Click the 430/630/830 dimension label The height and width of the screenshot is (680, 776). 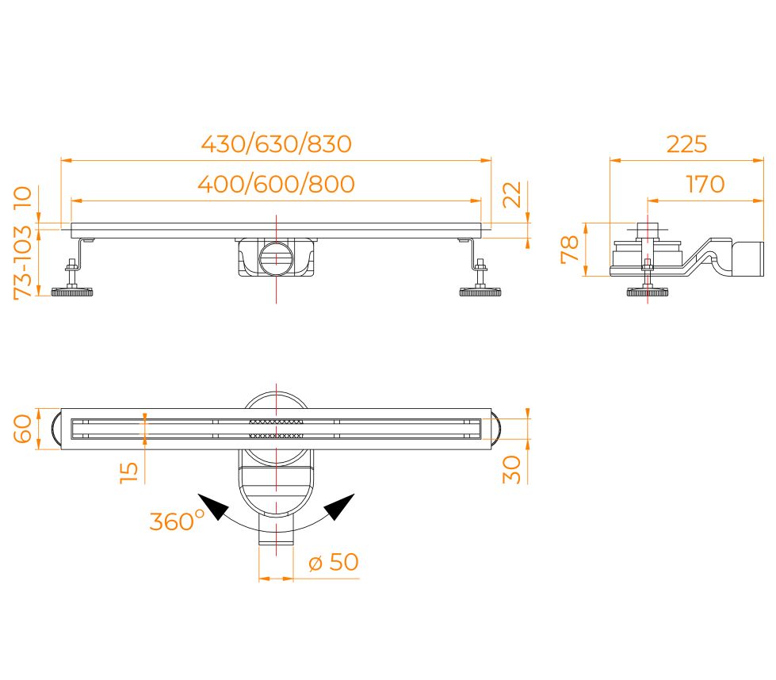tap(276, 144)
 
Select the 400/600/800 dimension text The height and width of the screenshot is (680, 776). tap(276, 184)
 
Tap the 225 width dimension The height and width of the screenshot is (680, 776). tap(686, 144)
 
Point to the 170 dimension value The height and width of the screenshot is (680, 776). tap(705, 184)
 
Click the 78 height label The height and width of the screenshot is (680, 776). tap(570, 250)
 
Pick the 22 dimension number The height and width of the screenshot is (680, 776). tap(512, 194)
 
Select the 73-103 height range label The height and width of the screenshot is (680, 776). tap(23, 262)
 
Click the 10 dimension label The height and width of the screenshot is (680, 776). tap(23, 198)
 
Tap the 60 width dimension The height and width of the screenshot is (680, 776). tap(23, 429)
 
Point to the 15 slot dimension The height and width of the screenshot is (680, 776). tap(129, 472)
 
